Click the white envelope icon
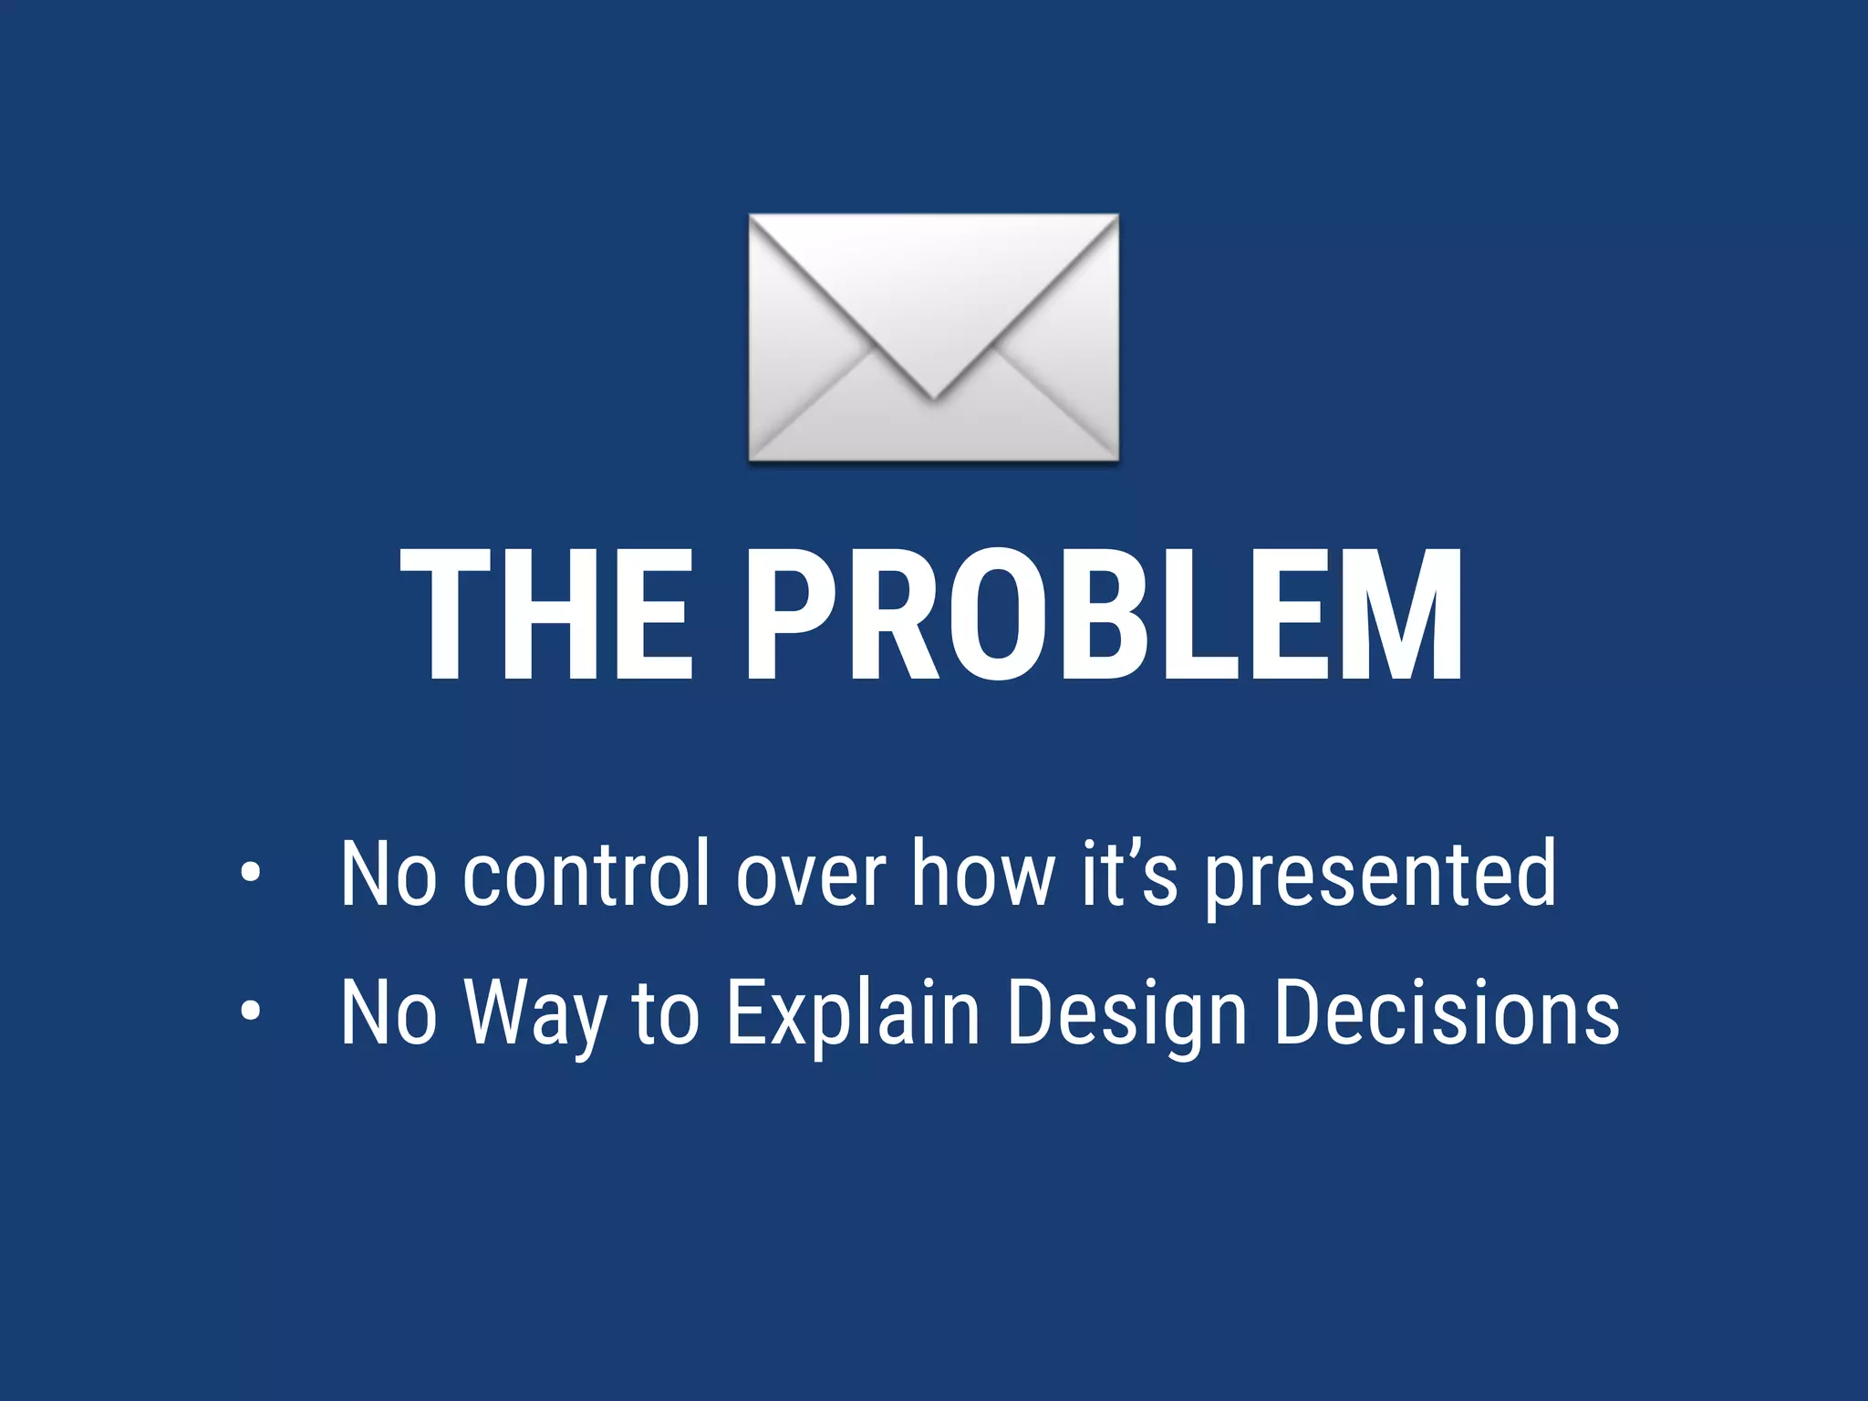933,337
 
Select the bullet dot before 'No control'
250,874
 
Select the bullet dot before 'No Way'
250,1011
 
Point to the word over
811,876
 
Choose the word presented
1381,876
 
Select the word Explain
853,1014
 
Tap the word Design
1126,1014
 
